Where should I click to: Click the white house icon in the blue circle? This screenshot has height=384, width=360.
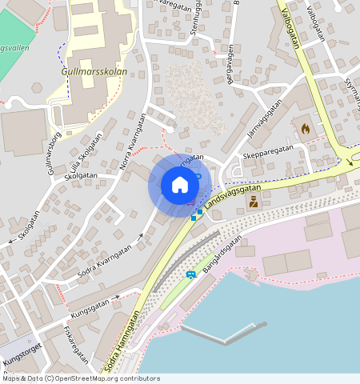pos(180,185)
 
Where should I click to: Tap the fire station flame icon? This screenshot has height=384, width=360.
pos(304,127)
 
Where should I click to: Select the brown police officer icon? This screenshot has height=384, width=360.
pos(254,202)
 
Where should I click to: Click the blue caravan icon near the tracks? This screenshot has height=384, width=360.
pos(191,275)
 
